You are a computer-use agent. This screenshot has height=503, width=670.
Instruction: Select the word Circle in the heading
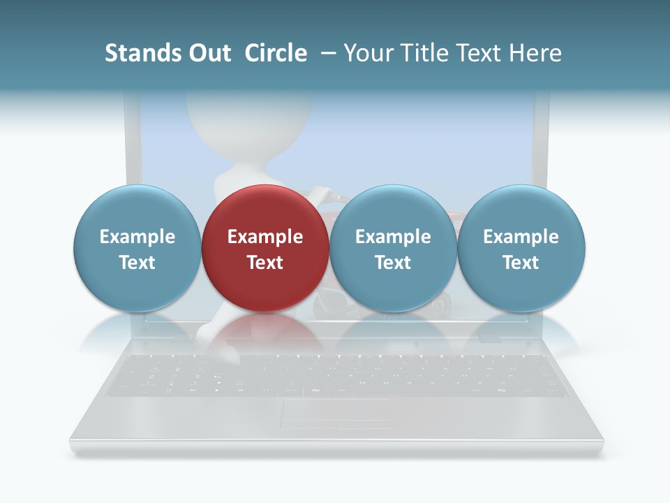(276, 53)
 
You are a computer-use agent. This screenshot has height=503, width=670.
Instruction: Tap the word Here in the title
(536, 53)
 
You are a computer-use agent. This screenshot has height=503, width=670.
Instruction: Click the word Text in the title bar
(481, 53)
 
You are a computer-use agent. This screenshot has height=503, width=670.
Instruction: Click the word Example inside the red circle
(265, 237)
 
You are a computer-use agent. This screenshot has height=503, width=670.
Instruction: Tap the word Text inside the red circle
(265, 263)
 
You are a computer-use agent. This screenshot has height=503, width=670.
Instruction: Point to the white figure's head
(248, 115)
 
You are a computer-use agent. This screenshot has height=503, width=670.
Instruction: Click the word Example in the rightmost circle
(521, 237)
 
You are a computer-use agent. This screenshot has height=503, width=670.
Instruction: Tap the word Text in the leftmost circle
(137, 263)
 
